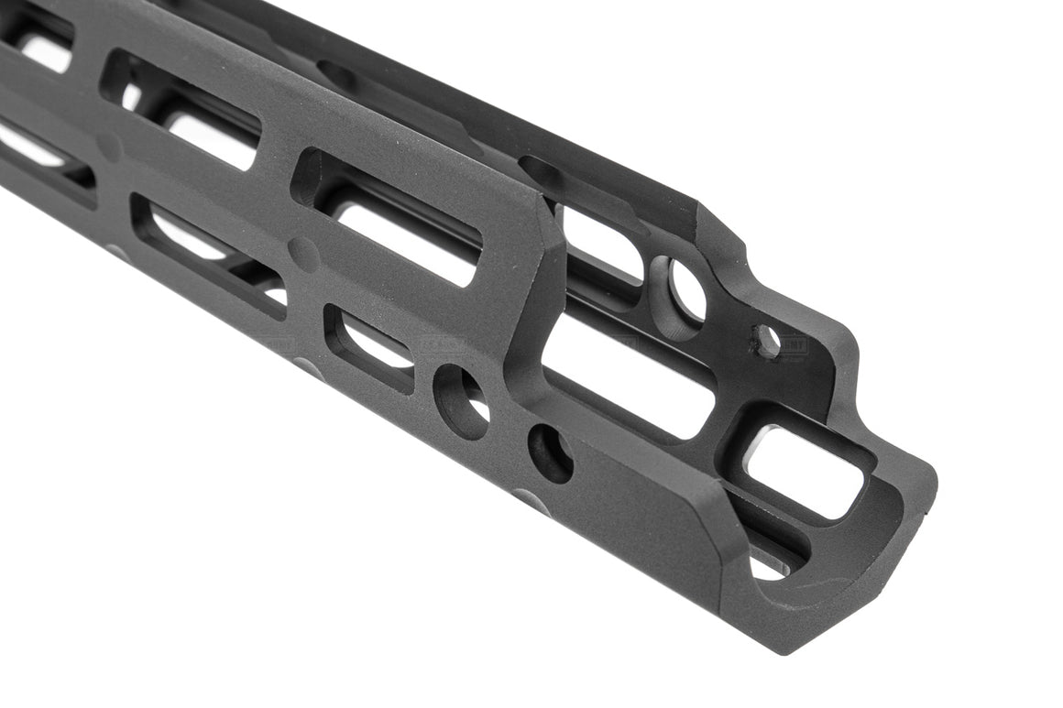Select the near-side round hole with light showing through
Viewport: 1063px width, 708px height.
pyautogui.click(x=462, y=399)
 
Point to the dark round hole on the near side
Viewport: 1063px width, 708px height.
pyautogui.click(x=550, y=452)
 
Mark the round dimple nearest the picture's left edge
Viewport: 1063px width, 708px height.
pyautogui.click(x=111, y=145)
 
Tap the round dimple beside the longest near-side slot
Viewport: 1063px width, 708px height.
pyautogui.click(x=303, y=252)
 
